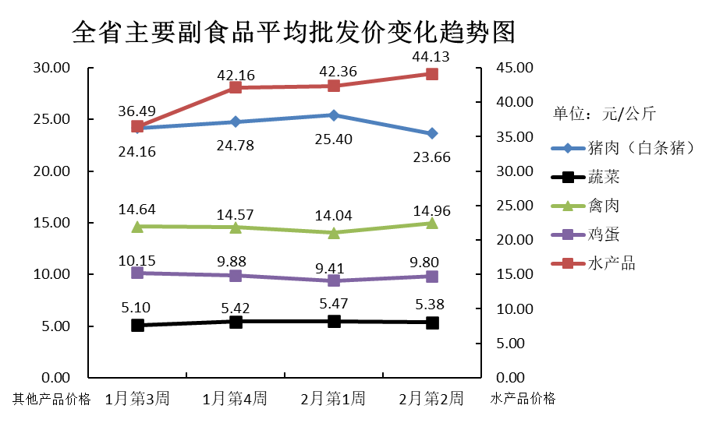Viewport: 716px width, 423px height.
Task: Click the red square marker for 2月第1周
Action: pyautogui.click(x=334, y=86)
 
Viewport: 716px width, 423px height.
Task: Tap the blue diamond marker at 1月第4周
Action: pyautogui.click(x=236, y=122)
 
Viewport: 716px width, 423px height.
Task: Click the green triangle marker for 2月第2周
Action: pyautogui.click(x=431, y=223)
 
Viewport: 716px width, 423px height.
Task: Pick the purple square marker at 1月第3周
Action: pyautogui.click(x=137, y=273)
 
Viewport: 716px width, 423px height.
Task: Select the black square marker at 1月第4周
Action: pyautogui.click(x=236, y=321)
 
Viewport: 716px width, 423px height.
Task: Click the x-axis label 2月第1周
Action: pyautogui.click(x=333, y=399)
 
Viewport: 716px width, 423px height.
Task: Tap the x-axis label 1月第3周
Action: pyautogui.click(x=137, y=399)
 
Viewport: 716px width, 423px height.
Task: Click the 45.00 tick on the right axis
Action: pyautogui.click(x=514, y=69)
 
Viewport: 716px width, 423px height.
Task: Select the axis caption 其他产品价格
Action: pyautogui.click(x=51, y=399)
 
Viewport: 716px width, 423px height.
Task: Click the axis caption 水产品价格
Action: pyautogui.click(x=523, y=399)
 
